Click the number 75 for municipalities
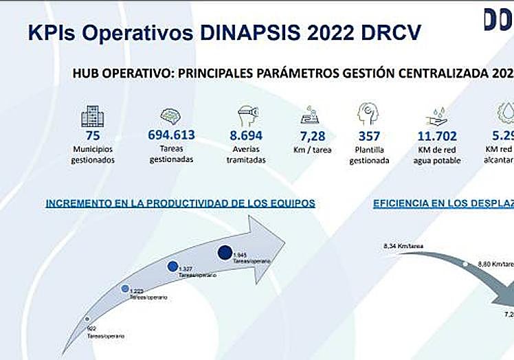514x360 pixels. click(93, 135)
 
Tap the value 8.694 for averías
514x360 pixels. click(247, 135)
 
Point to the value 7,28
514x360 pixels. click(313, 135)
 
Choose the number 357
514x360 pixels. click(369, 136)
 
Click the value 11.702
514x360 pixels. click(438, 136)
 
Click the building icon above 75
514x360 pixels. click(93, 115)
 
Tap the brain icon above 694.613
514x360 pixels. click(171, 115)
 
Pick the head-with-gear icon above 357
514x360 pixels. click(369, 114)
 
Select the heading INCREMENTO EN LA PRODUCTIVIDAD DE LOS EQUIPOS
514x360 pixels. click(180, 203)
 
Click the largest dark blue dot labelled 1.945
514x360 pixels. click(224, 253)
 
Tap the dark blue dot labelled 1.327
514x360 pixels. click(172, 267)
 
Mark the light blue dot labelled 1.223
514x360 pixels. click(125, 289)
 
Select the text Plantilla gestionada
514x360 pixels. click(369, 155)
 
